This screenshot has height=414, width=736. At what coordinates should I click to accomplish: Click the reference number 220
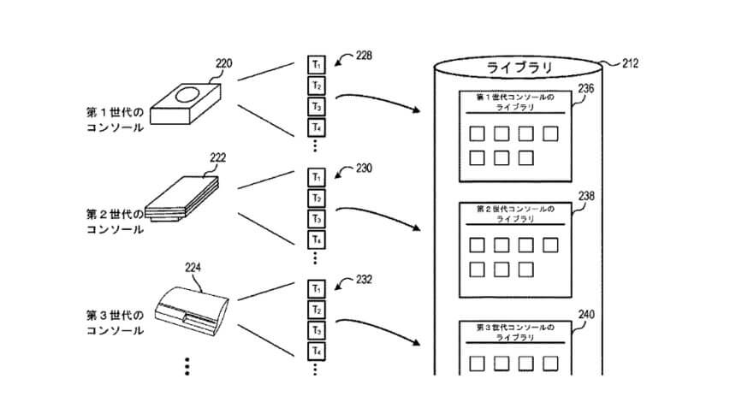click(x=224, y=62)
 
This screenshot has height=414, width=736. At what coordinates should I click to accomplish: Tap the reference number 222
click(x=218, y=158)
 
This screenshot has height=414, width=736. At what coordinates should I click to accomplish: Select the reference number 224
click(x=194, y=267)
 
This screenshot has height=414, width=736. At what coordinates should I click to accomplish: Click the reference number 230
click(x=364, y=169)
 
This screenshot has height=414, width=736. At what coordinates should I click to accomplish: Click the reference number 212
click(x=628, y=62)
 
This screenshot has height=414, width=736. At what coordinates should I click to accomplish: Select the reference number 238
click(x=586, y=196)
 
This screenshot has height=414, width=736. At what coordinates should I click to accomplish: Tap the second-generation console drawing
click(x=182, y=199)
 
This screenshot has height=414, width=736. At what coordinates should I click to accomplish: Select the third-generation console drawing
click(x=193, y=305)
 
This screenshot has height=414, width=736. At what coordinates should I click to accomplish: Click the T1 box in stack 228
click(x=317, y=65)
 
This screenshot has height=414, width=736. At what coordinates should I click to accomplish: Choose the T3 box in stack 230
click(x=317, y=218)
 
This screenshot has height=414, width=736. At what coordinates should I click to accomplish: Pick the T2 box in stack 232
click(x=317, y=309)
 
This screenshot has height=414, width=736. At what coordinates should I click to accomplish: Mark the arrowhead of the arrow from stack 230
click(x=419, y=228)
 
